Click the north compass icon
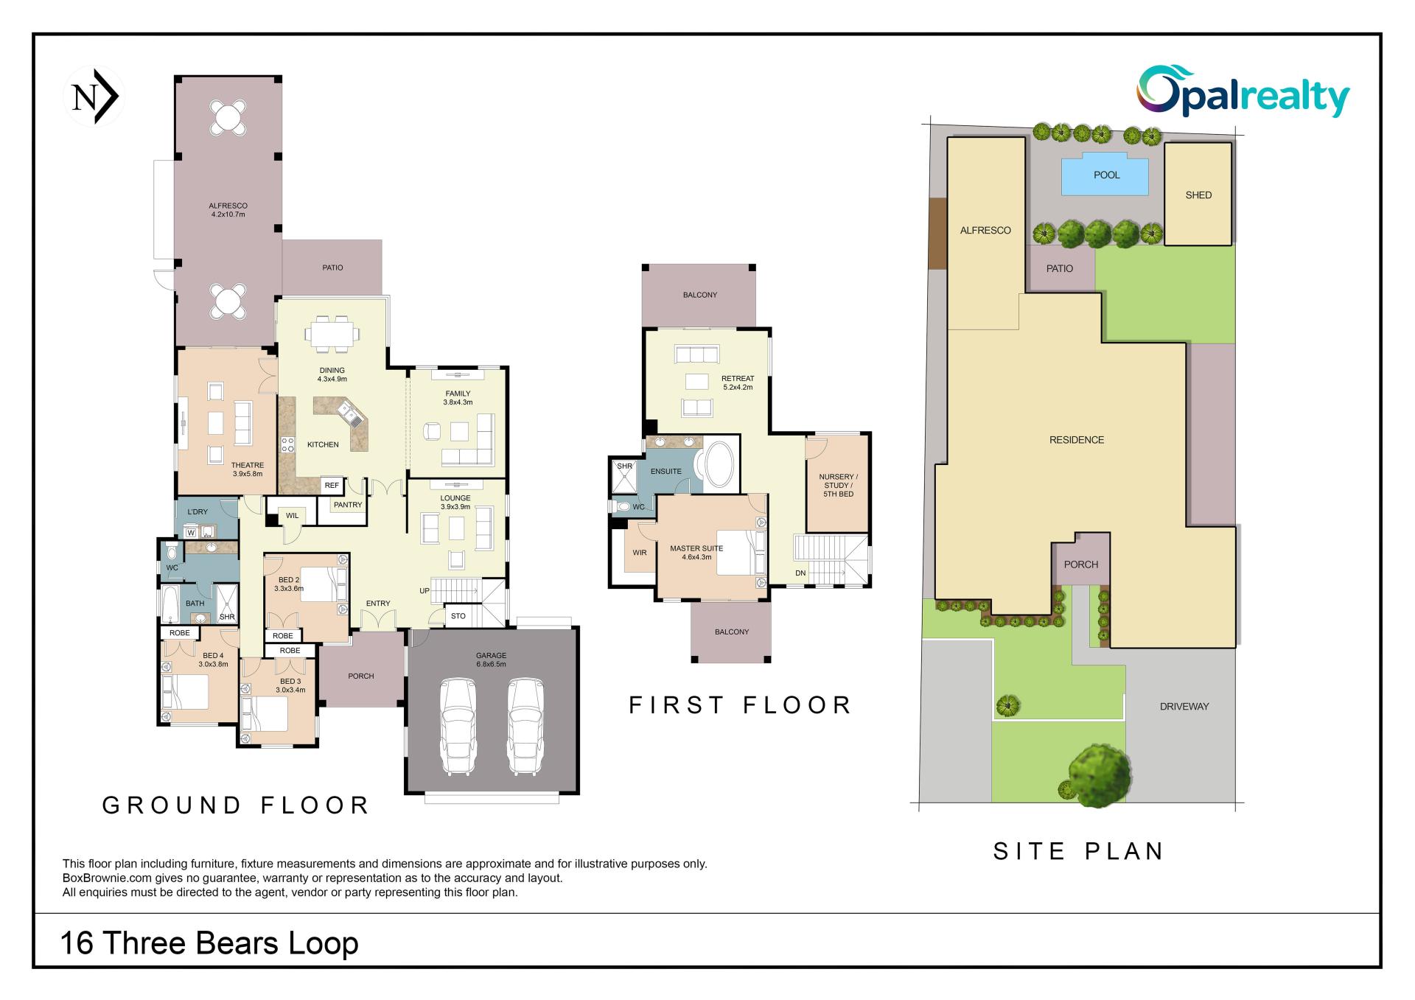coord(94,97)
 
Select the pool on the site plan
coord(1105,175)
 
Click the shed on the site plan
coord(1198,195)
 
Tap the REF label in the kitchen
coord(332,486)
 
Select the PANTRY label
coord(348,505)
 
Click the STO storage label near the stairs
coord(458,616)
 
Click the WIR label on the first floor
coord(640,553)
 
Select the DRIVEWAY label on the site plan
coord(1184,706)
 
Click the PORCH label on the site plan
coord(1081,564)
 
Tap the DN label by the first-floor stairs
coord(800,573)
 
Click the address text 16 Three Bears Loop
coord(209,943)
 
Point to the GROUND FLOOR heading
coord(235,805)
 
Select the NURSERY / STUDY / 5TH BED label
coord(838,485)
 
